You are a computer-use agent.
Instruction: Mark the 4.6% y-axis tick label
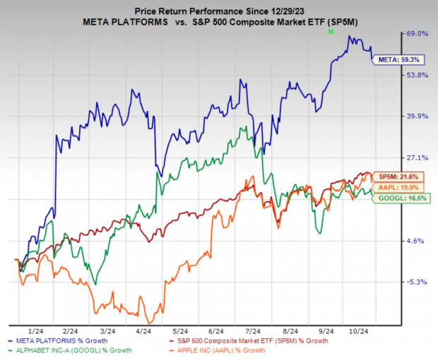click(415, 241)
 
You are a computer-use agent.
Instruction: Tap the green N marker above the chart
click(330, 32)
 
